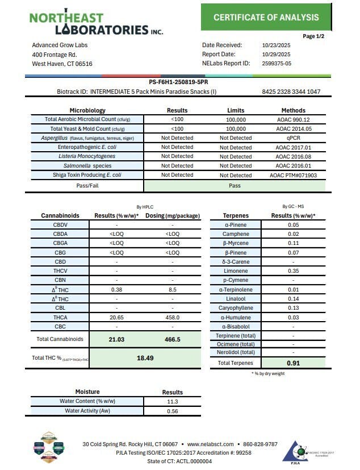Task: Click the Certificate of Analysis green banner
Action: click(266, 18)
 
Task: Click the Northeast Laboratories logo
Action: click(97, 22)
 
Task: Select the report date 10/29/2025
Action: click(276, 55)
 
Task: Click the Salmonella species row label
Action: click(86, 165)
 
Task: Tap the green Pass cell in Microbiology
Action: click(235, 185)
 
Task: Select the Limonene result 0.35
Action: click(293, 272)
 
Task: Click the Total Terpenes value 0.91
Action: click(293, 363)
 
